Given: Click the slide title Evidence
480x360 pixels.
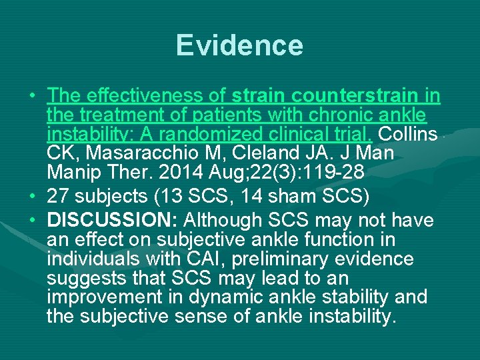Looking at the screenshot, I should [239, 45].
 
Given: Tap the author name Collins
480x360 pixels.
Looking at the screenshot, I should [408, 133].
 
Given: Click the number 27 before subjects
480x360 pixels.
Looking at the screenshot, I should [58, 196].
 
